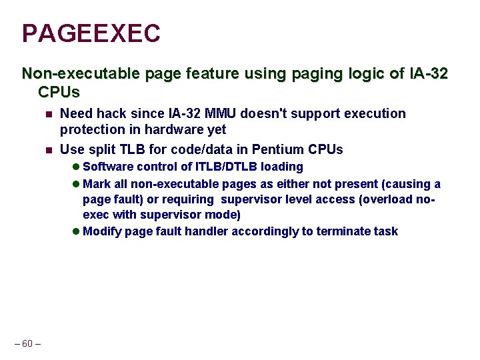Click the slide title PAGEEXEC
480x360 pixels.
pyautogui.click(x=91, y=33)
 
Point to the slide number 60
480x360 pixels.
pyautogui.click(x=27, y=343)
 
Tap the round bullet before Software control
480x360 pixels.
pyautogui.click(x=76, y=167)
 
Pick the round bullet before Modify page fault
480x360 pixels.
pyautogui.click(x=76, y=231)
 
